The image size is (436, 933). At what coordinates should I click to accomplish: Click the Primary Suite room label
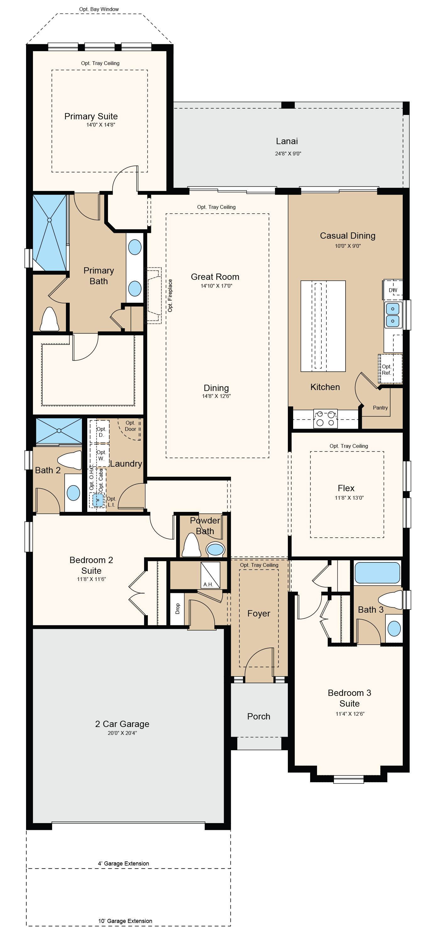91,116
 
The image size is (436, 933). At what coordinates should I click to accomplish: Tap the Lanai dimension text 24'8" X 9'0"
288,154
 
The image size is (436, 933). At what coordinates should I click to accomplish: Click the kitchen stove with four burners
326,418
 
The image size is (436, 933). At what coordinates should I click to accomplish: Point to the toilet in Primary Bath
49,319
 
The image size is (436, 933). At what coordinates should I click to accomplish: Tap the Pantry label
380,408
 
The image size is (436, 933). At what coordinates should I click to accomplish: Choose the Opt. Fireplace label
170,296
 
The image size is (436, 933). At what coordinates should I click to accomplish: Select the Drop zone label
177,609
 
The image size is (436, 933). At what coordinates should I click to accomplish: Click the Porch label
259,716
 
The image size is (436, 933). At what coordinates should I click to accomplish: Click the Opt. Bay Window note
99,9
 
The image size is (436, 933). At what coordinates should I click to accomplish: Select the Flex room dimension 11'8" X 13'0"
349,498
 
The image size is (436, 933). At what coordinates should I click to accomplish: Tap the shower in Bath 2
59,431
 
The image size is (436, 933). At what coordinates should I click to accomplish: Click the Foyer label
259,614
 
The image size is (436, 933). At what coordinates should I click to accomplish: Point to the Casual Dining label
348,236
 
